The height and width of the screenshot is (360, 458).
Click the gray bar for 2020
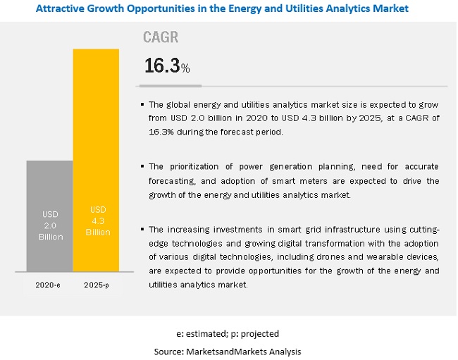tap(49, 215)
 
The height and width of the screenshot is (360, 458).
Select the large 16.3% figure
tap(166, 66)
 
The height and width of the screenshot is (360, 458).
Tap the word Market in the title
tap(390, 8)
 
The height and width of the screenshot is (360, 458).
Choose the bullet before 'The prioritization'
tap(142, 167)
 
